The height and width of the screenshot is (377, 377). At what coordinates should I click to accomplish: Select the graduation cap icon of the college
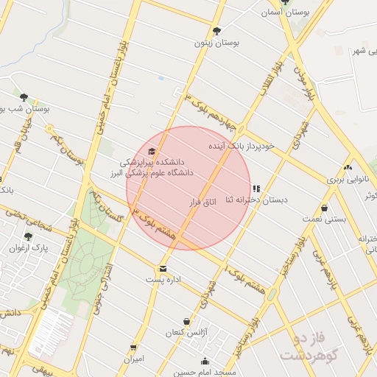point(152,151)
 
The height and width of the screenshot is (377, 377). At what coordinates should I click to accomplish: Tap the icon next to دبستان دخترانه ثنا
point(256,188)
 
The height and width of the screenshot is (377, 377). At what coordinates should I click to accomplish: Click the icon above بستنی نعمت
point(324,208)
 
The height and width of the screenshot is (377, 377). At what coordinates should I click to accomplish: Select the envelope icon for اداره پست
point(162,269)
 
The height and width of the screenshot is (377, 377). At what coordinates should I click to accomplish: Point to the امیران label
point(133,359)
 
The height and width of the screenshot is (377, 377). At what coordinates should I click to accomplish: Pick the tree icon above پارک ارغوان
point(28,236)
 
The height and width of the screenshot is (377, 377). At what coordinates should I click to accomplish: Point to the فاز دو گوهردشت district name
point(308,347)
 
